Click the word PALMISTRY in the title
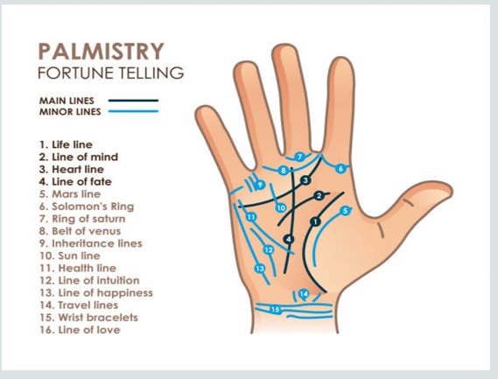coord(101,52)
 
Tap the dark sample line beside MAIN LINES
coord(133,101)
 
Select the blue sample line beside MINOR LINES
coord(133,111)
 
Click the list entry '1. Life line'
coord(66,144)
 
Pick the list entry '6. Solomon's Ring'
coord(87,207)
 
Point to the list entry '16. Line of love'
coord(80,330)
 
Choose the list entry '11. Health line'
coord(78,268)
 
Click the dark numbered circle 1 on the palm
coord(315,221)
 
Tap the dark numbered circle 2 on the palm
coord(319,196)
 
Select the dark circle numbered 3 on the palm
coord(305,180)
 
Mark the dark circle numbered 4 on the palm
coord(288,239)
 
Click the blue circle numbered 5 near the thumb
coord(345,211)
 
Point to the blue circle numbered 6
coord(340,168)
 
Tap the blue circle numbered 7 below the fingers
coord(299,157)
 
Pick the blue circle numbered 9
coord(260,185)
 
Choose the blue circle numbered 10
coord(281,208)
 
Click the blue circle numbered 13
coord(260,269)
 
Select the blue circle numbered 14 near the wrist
coord(304,294)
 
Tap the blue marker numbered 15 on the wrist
coord(275,310)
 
